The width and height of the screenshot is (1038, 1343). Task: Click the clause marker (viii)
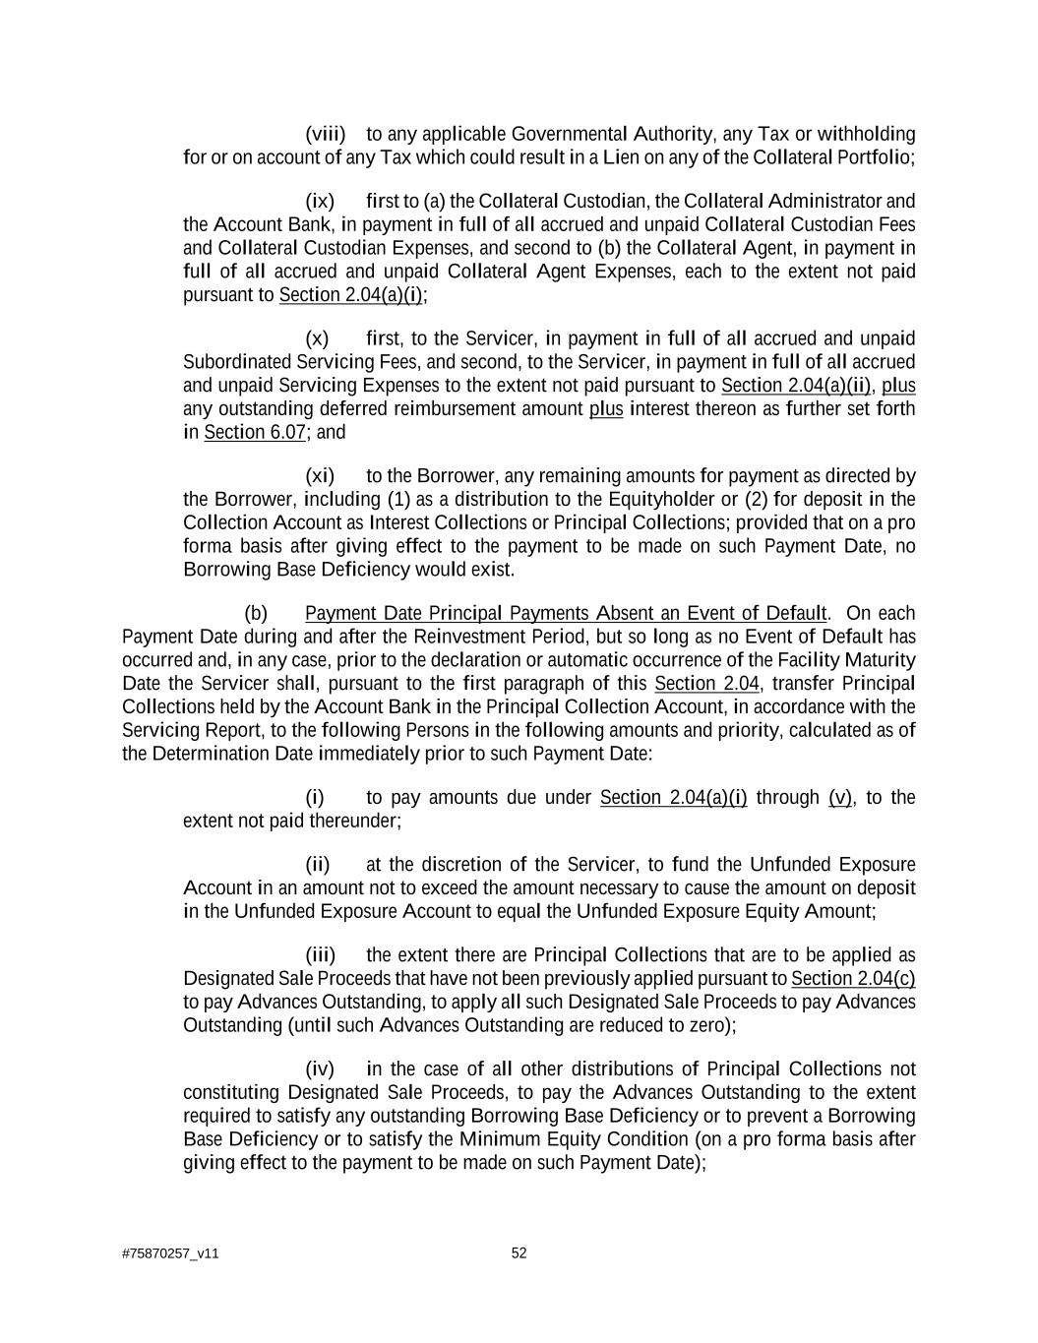pyautogui.click(x=325, y=134)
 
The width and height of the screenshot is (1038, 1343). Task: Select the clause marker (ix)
pyautogui.click(x=320, y=202)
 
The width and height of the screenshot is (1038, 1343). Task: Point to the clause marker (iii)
pyautogui.click(x=320, y=955)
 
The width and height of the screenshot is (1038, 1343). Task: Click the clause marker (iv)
pyautogui.click(x=320, y=1069)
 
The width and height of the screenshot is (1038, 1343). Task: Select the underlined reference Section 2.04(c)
pyautogui.click(x=853, y=979)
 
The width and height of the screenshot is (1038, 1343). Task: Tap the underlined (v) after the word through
pyautogui.click(x=840, y=798)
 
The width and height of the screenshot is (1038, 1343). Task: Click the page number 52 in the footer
pyautogui.click(x=519, y=1253)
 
